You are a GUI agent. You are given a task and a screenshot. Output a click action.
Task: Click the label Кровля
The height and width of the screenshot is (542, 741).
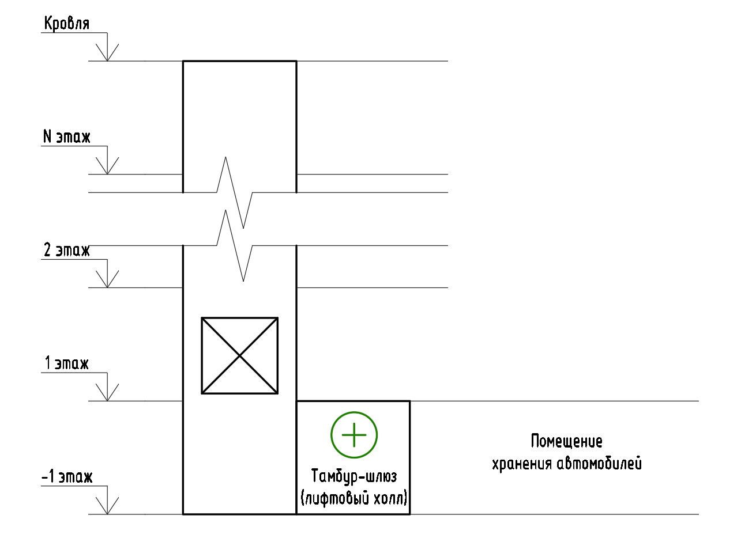pyautogui.click(x=66, y=24)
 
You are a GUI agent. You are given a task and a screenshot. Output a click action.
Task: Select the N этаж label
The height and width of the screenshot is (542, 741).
pyautogui.click(x=67, y=138)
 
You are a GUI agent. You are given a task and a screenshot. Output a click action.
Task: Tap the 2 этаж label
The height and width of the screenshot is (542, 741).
pyautogui.click(x=67, y=251)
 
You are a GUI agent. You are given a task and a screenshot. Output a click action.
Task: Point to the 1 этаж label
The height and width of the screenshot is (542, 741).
pyautogui.click(x=67, y=364)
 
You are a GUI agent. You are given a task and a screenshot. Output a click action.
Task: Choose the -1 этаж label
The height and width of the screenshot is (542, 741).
pyautogui.click(x=67, y=477)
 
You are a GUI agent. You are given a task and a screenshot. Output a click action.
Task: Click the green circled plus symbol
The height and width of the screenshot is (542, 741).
pyautogui.click(x=353, y=435)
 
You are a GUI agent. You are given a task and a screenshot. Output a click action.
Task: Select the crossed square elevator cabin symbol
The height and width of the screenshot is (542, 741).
pyautogui.click(x=239, y=355)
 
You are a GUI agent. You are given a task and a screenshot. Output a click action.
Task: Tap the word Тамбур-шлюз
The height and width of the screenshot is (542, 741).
pyautogui.click(x=353, y=477)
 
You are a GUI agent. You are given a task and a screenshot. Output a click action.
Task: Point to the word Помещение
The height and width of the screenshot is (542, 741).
pyautogui.click(x=566, y=442)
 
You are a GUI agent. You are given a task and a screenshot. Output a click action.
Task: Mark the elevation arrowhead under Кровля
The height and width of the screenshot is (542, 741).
pyautogui.click(x=107, y=54)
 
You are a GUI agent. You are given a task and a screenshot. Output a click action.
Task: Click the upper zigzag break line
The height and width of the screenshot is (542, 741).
pyautogui.click(x=234, y=192)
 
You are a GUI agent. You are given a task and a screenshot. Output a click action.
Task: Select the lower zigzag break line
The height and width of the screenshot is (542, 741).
pyautogui.click(x=234, y=246)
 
